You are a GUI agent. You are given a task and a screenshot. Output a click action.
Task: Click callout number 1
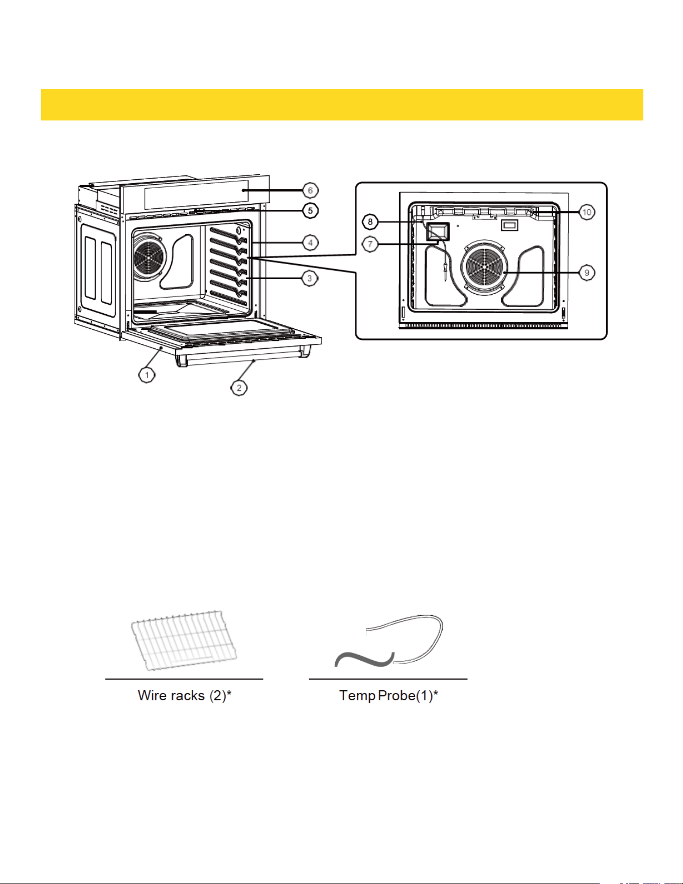pos(147,374)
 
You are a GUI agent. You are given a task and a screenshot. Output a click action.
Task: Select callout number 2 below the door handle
pos(239,388)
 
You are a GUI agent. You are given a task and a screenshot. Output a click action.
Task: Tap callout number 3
pos(310,278)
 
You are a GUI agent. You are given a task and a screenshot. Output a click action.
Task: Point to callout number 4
pos(310,243)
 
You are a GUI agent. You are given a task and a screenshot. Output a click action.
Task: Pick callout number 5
pos(310,210)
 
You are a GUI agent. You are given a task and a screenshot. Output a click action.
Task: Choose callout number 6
pos(310,190)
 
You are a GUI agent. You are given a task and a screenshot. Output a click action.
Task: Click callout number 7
pos(370,244)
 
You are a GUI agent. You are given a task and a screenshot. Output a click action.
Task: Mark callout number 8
pos(370,221)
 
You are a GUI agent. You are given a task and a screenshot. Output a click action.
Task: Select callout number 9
pos(587,273)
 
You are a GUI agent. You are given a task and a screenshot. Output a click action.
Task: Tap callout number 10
pos(587,212)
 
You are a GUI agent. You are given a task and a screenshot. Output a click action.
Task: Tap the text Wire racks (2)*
pos(185,696)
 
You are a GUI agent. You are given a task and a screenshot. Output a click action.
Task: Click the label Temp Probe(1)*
pos(389,696)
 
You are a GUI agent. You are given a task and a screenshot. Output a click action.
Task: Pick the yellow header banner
pos(342,104)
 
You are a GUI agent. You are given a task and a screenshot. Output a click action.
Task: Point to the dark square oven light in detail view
pos(437,231)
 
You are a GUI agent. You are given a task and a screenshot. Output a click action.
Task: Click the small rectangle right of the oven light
pos(510,225)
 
